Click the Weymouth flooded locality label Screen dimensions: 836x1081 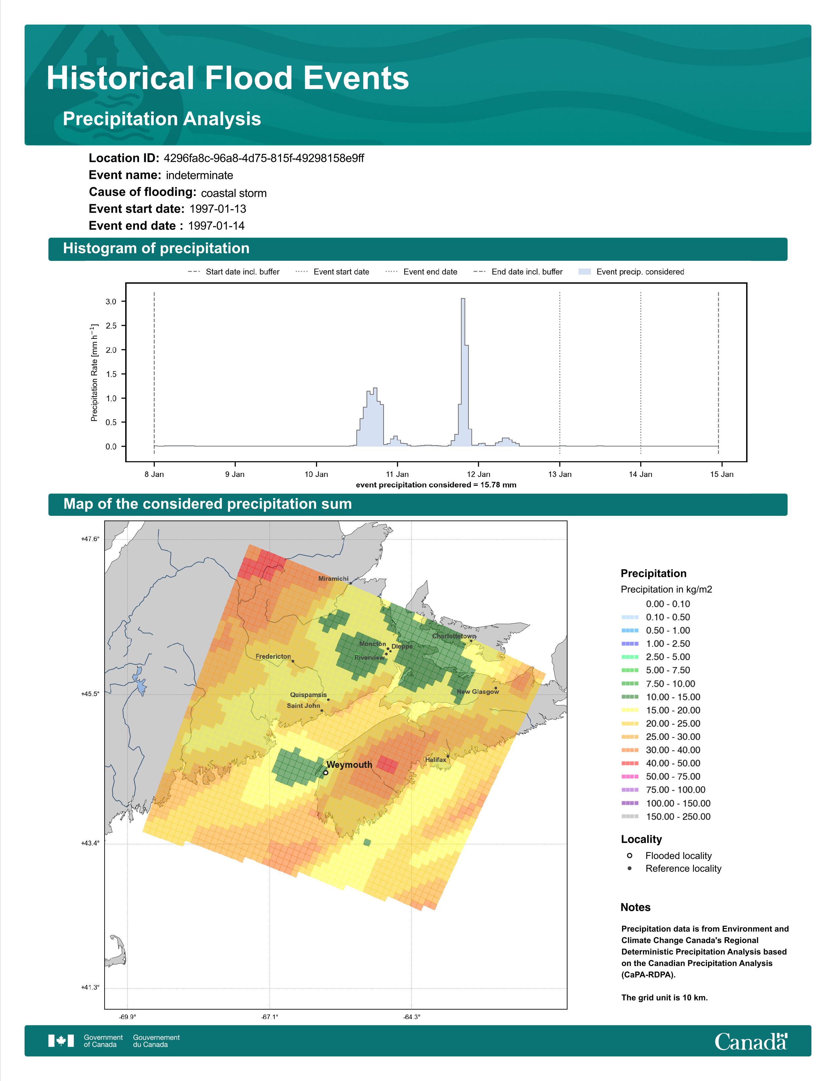point(349,765)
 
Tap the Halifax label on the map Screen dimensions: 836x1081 point(435,760)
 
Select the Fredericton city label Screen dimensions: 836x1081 point(273,656)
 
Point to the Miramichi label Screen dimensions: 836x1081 point(333,578)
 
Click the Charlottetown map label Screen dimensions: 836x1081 point(454,636)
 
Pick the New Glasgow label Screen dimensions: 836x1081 point(478,692)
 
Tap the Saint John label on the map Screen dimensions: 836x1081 point(304,706)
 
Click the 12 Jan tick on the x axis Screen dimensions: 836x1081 point(478,474)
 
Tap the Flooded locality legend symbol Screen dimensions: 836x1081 point(629,856)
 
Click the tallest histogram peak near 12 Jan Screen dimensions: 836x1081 point(463,299)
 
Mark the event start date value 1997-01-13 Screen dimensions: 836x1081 point(218,209)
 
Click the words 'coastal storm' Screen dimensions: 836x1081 point(234,193)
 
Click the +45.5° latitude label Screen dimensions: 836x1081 point(90,694)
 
